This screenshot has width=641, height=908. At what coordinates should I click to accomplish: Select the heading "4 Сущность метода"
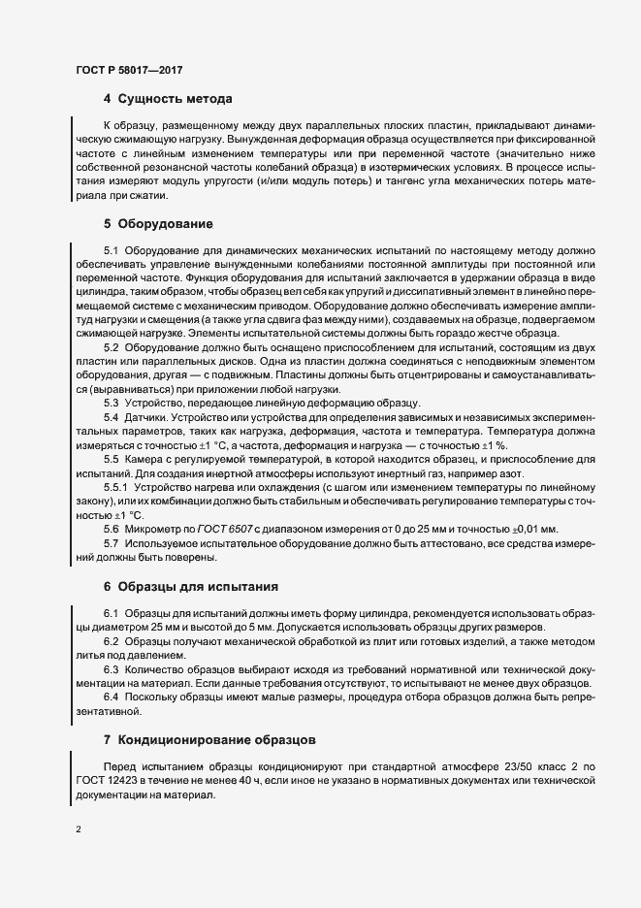click(x=167, y=100)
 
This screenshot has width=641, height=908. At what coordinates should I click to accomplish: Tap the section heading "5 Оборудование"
click(x=158, y=223)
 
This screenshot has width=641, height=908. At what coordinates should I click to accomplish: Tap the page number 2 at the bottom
click(x=79, y=829)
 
